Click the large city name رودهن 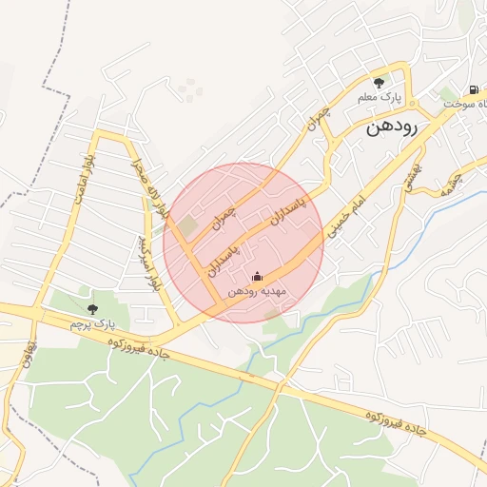(401, 128)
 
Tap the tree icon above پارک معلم (380, 83)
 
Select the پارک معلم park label (380, 98)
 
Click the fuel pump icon (474, 89)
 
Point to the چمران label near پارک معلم (318, 117)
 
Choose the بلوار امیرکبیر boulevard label (149, 263)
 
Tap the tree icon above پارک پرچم (92, 308)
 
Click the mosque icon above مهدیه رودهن (257, 277)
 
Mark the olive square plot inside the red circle (188, 226)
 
